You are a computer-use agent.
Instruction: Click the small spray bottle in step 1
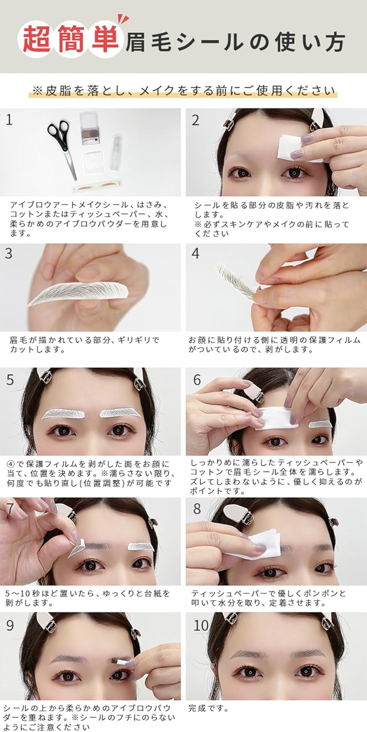116,152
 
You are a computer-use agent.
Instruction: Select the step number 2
195,120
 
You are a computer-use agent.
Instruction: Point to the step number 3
9,254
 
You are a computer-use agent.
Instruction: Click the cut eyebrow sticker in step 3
78,293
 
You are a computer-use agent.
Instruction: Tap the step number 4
195,254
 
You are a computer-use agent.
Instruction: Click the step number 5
10,380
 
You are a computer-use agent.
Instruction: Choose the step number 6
197,380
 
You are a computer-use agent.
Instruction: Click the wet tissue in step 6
275,418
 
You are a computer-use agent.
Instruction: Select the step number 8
197,509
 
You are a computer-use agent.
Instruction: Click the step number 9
10,625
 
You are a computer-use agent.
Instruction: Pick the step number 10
201,625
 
